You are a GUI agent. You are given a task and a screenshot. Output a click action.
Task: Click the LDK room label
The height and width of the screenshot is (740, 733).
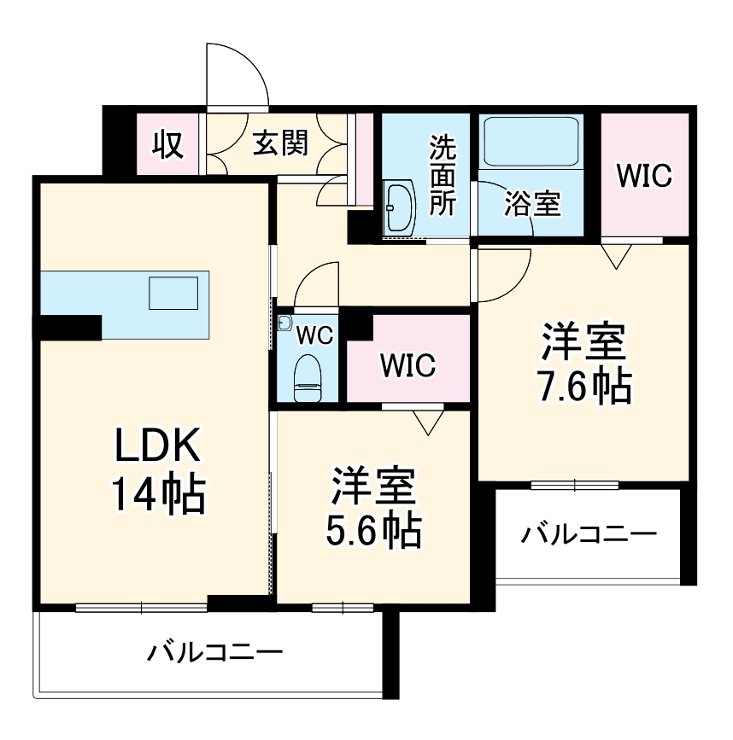158,446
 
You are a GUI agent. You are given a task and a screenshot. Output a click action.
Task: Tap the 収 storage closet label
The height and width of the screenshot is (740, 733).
168,144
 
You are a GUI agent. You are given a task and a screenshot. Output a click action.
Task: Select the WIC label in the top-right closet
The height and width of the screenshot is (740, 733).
644,176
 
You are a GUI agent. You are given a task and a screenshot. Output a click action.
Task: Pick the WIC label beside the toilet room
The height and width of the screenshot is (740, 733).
408,366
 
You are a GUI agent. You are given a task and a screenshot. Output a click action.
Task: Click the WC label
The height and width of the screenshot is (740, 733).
314,335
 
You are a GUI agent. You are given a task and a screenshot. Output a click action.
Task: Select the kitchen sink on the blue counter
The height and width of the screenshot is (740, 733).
173,293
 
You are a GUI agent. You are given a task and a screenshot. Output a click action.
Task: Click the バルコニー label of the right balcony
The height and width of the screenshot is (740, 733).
589,536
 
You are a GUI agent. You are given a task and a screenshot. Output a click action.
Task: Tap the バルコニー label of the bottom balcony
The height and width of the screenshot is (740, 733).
214,654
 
